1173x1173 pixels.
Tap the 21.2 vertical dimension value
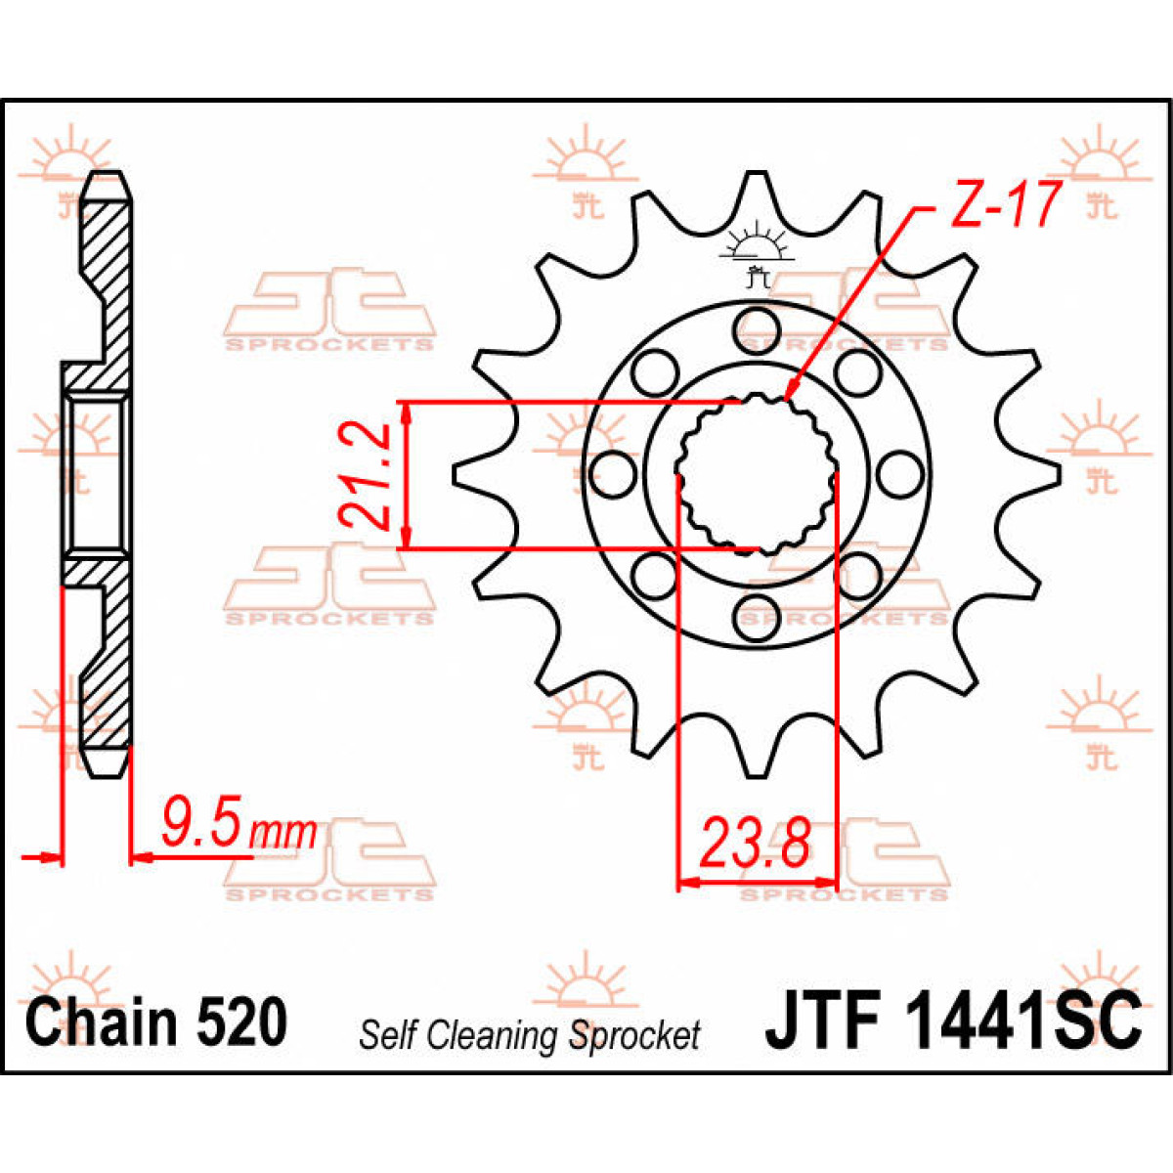tap(363, 475)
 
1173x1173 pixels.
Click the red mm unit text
tap(283, 833)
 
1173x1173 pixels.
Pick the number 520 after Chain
tap(242, 1022)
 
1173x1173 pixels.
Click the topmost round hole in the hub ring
tap(755, 326)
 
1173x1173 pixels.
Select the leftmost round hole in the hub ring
tap(612, 474)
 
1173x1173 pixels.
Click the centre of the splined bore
tap(756, 474)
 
